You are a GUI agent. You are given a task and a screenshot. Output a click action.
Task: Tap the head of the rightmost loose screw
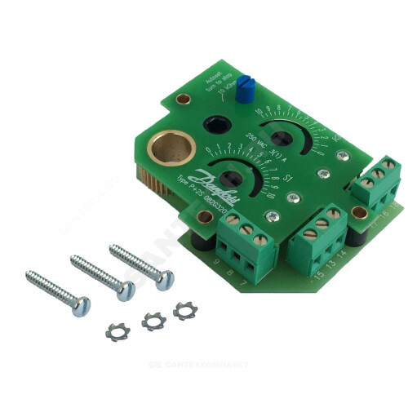click(164, 280)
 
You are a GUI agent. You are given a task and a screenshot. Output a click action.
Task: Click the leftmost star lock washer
click(118, 331)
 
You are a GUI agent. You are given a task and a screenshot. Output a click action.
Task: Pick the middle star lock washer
click(153, 321)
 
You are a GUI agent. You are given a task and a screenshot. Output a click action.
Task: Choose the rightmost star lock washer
click(184, 310)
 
